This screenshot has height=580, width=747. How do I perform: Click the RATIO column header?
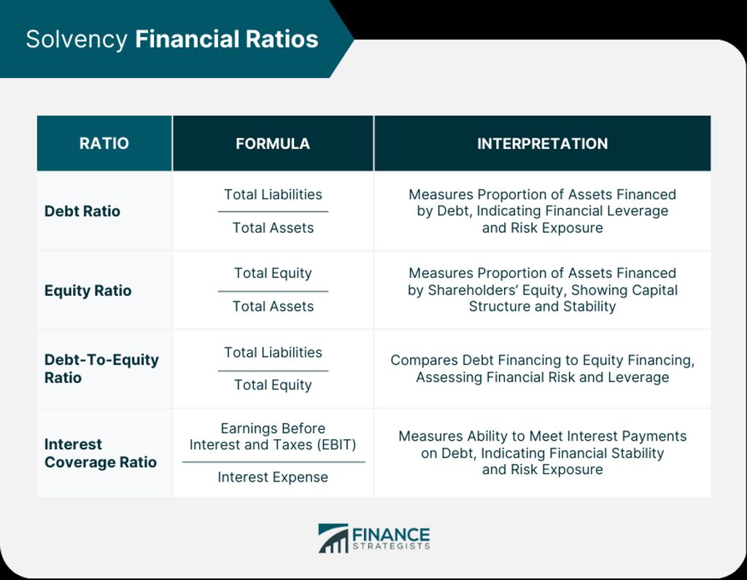pyautogui.click(x=104, y=144)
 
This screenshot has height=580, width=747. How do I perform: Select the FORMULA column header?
pyautogui.click(x=273, y=144)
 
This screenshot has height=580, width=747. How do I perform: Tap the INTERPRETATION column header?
pyautogui.click(x=542, y=144)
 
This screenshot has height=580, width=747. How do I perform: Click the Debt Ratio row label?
pyautogui.click(x=82, y=212)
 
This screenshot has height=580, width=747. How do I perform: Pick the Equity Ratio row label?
pyautogui.click(x=88, y=290)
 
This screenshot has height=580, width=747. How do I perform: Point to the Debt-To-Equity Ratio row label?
pyautogui.click(x=101, y=368)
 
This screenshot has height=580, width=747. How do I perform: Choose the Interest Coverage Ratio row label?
pyautogui.click(x=100, y=453)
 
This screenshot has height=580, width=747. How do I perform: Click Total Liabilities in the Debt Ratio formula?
pyautogui.click(x=273, y=195)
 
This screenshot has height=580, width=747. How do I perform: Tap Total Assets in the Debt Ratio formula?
pyautogui.click(x=273, y=228)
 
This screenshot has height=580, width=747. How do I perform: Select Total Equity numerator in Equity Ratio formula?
pyautogui.click(x=273, y=274)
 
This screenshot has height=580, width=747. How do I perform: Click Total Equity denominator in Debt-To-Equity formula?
pyautogui.click(x=273, y=385)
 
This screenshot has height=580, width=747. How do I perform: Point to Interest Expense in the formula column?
pyautogui.click(x=273, y=477)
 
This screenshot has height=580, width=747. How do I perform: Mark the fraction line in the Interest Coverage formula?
pyautogui.click(x=273, y=462)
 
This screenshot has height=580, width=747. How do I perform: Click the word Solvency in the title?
pyautogui.click(x=77, y=39)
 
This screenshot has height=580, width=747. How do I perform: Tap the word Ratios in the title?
pyautogui.click(x=285, y=39)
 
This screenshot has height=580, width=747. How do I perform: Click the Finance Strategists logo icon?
pyautogui.click(x=333, y=538)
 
